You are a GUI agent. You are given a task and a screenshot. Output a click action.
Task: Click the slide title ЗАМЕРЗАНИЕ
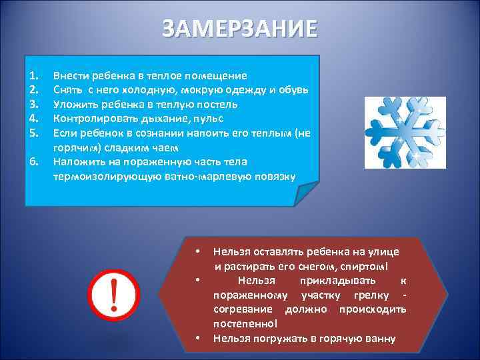pyautogui.click(x=240, y=30)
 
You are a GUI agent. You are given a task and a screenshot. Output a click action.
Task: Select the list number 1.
pyautogui.click(x=35, y=75)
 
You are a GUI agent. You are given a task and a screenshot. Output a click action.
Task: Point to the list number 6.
pyautogui.click(x=35, y=161)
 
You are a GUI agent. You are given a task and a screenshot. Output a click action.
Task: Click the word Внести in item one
pyautogui.click(x=70, y=75)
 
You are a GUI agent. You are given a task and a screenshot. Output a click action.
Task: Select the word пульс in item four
pyautogui.click(x=209, y=118)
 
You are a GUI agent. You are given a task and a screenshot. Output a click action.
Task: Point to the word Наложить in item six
pyautogui.click(x=76, y=161)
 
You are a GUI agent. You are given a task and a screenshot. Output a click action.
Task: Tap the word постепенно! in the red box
pyautogui.click(x=245, y=324)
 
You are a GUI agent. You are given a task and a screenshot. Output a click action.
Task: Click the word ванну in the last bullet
pyautogui.click(x=381, y=339)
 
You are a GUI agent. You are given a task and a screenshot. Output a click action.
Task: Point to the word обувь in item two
pyautogui.click(x=292, y=90)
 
